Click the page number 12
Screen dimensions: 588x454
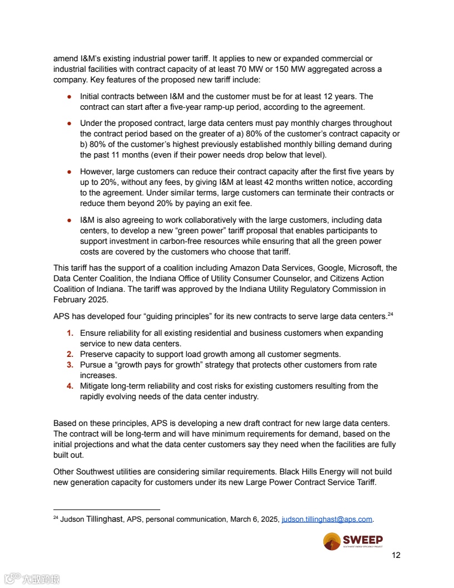[x=396, y=555]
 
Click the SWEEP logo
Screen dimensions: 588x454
[x=353, y=541]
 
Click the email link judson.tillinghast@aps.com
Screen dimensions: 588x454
[x=327, y=520]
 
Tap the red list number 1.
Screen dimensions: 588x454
[x=70, y=333]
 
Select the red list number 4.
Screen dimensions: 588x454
[x=70, y=386]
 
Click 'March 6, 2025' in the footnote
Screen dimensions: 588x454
[x=254, y=520]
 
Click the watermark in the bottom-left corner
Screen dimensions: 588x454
[x=32, y=579]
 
